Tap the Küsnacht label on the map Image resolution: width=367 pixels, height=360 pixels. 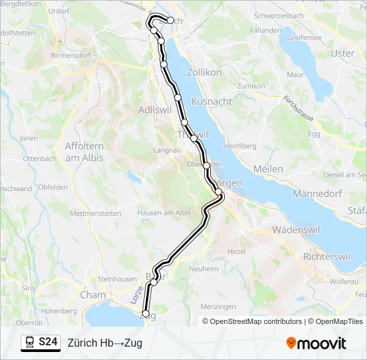[212, 101]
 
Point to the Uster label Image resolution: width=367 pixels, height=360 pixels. [342, 53]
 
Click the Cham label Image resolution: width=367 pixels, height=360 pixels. [93, 294]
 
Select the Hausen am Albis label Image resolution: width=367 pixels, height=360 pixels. [164, 213]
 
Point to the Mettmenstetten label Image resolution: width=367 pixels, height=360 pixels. [95, 213]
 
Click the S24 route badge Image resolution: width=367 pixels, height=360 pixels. [47, 343]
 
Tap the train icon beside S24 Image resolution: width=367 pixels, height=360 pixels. [30, 343]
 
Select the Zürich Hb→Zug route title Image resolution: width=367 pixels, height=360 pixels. [105, 343]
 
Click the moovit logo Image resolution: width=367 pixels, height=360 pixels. [316, 343]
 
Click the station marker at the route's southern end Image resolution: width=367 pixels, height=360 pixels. [145, 313]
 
